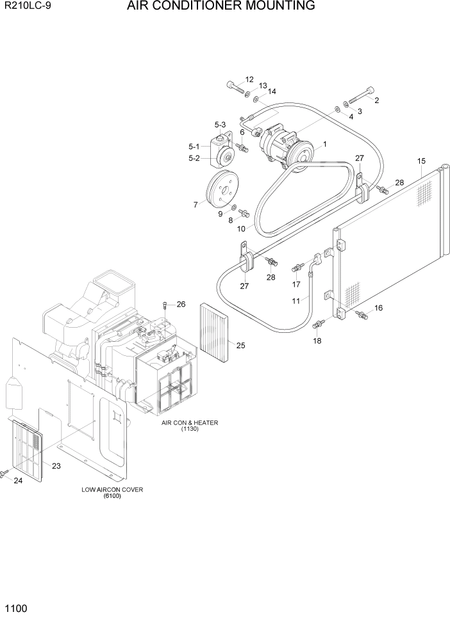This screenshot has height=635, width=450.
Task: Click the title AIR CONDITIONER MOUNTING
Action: tap(221, 6)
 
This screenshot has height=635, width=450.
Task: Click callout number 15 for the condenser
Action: tap(421, 161)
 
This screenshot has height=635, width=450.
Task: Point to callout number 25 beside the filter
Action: tap(240, 346)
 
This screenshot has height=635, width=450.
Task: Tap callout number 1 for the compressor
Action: tap(325, 145)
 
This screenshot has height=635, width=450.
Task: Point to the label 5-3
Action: tap(221, 125)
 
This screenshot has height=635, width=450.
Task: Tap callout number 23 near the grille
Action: tap(56, 466)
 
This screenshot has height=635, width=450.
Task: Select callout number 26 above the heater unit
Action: tap(181, 304)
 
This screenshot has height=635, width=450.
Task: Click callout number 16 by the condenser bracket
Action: tap(378, 308)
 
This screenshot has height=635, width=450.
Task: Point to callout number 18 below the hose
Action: tap(317, 341)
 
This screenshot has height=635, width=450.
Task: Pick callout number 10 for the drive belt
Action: tap(242, 229)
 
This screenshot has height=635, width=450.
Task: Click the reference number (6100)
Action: tap(112, 497)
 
